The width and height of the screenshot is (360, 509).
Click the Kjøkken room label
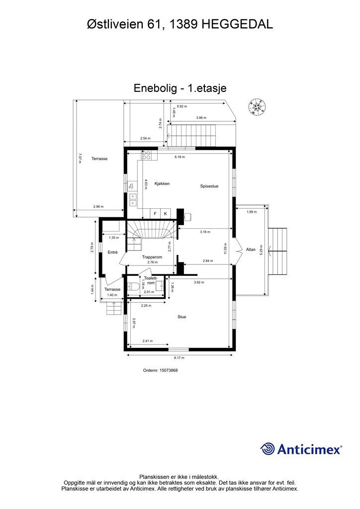pyautogui.click(x=162, y=184)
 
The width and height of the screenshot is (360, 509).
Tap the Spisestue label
pyautogui.click(x=209, y=186)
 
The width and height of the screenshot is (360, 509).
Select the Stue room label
pyautogui.click(x=182, y=317)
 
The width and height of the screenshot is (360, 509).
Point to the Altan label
pyautogui.click(x=251, y=249)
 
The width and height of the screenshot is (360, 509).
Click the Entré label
pyautogui.click(x=112, y=253)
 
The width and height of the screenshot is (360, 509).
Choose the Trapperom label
pyautogui.click(x=152, y=257)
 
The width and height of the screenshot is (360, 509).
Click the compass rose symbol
pyautogui.click(x=258, y=107)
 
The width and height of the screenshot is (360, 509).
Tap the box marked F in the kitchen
pyautogui.click(x=155, y=214)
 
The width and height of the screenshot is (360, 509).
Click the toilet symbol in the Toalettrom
pyautogui.click(x=132, y=286)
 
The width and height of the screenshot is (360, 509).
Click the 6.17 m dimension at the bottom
pyautogui.click(x=179, y=358)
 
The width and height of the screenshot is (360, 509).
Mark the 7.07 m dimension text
pyautogui.click(x=80, y=158)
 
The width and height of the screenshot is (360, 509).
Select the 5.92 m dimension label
pyautogui.click(x=181, y=106)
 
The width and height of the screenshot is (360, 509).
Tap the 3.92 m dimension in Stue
pyautogui.click(x=198, y=282)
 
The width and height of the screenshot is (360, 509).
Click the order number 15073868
pyautogui.click(x=160, y=370)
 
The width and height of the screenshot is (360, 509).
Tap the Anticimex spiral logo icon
pyautogui.click(x=268, y=449)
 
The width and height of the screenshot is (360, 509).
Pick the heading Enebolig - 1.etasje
pyautogui.click(x=180, y=88)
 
